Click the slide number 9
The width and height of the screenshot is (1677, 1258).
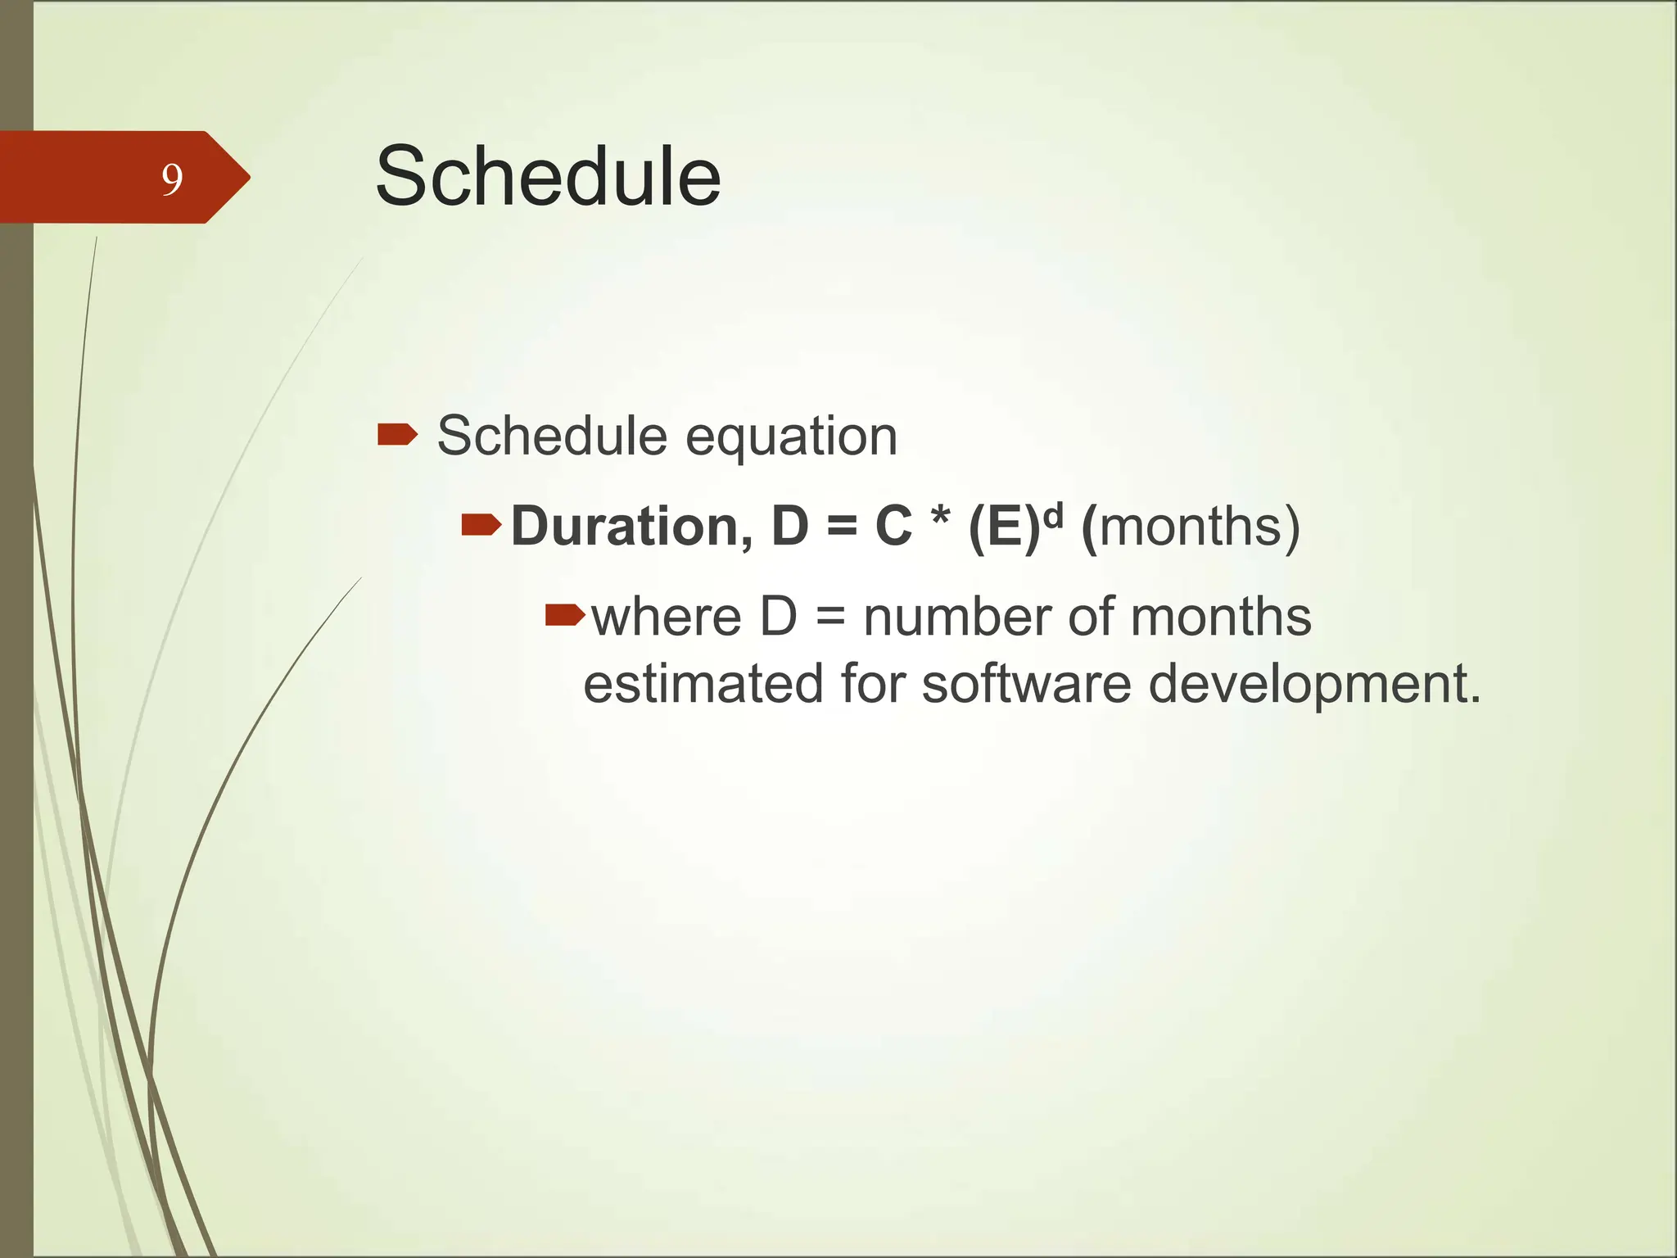point(171,179)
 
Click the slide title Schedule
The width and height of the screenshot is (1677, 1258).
point(548,176)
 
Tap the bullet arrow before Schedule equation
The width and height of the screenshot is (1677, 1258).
point(397,434)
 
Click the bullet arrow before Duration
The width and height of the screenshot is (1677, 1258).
point(481,524)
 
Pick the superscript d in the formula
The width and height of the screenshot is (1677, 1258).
point(1053,513)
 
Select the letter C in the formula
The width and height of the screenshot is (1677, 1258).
point(893,526)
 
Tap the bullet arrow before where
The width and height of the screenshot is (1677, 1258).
point(565,614)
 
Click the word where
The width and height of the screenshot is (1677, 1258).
point(666,618)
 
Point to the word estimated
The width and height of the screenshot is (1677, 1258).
point(703,685)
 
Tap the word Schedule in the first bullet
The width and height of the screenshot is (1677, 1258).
point(552,436)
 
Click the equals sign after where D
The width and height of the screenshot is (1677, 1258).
point(830,619)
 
